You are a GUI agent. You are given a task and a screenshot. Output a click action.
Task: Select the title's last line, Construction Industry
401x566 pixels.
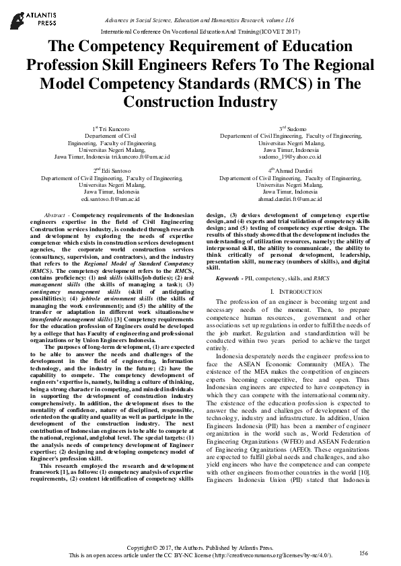[x=200, y=102]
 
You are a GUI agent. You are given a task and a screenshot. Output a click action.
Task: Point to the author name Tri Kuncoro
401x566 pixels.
[x=113, y=128]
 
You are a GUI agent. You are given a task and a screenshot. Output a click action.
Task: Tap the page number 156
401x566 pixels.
[x=363, y=553]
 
